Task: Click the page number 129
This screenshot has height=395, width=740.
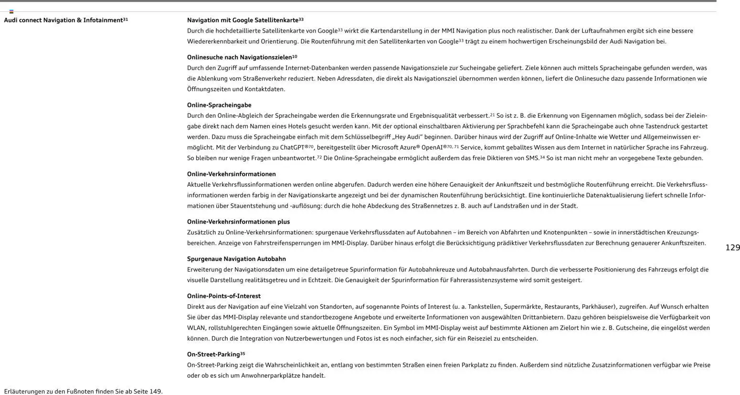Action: click(732, 248)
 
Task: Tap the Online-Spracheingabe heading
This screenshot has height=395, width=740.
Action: click(219, 105)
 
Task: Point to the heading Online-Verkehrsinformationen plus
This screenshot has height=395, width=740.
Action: click(238, 222)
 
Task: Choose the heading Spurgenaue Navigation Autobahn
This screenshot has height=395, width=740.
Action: click(236, 259)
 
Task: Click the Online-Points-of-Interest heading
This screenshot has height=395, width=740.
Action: click(223, 296)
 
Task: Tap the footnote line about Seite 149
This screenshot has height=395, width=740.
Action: click(83, 392)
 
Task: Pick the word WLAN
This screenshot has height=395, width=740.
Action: click(196, 328)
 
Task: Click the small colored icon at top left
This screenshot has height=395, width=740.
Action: click(11, 11)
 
